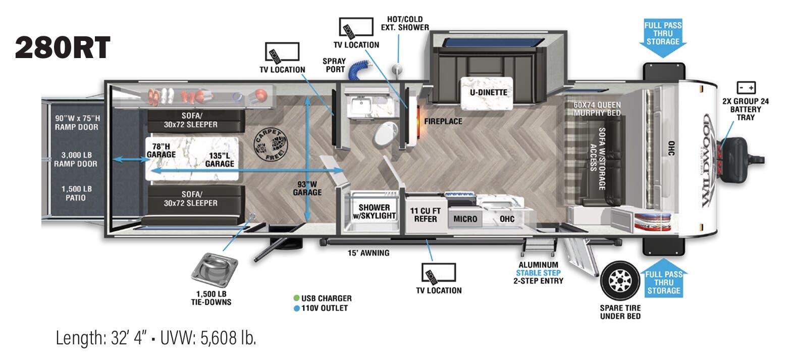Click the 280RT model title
(63, 47)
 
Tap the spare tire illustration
(620, 281)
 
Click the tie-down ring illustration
(215, 270)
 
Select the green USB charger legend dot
(296, 298)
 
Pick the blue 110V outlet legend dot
(296, 308)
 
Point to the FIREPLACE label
(443, 122)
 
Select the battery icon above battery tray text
(746, 87)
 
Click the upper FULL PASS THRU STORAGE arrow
(662, 37)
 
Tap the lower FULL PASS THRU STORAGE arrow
(663, 280)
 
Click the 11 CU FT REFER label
(425, 215)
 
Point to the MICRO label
(465, 219)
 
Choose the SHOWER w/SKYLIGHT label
(374, 212)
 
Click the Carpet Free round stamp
(269, 144)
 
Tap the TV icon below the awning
(439, 273)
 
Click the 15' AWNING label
(368, 253)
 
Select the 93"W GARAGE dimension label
(307, 188)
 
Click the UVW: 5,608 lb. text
(208, 338)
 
